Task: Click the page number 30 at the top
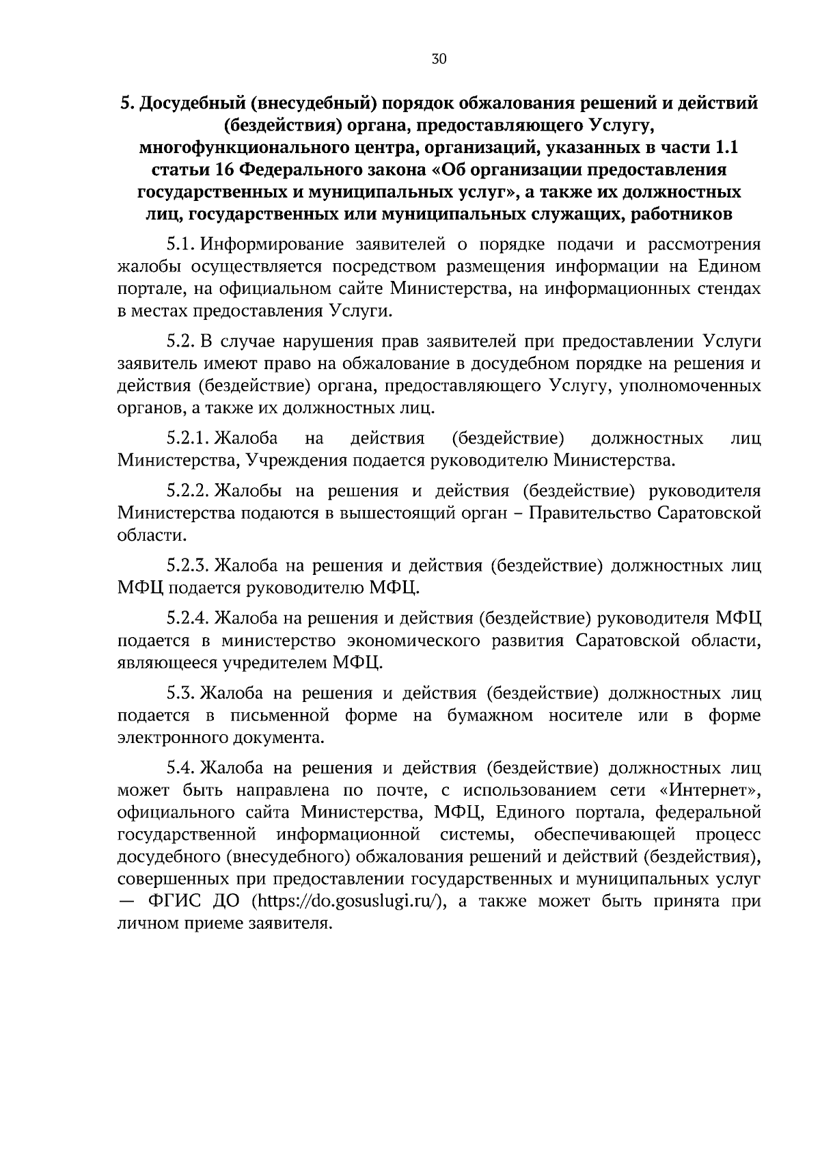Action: pyautogui.click(x=439, y=59)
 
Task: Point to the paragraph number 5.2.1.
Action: pyautogui.click(x=189, y=438)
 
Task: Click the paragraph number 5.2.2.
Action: pyautogui.click(x=189, y=491)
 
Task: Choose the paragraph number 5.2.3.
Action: pyautogui.click(x=189, y=566)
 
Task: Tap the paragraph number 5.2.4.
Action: pyautogui.click(x=189, y=619)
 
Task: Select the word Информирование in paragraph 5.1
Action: pyautogui.click(x=273, y=245)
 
